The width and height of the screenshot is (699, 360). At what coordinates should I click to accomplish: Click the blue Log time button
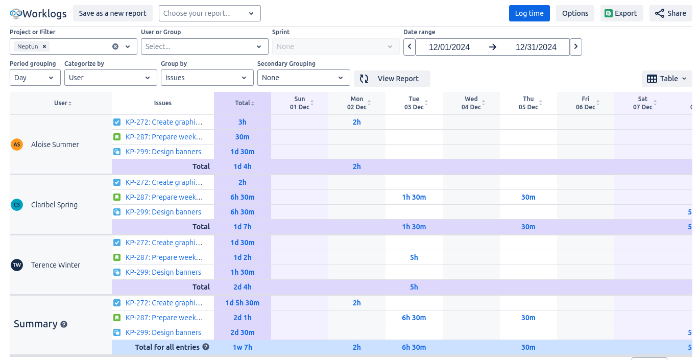point(529,13)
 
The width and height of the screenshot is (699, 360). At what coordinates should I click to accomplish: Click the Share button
point(670,13)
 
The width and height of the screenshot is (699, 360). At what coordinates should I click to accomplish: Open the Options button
point(575,13)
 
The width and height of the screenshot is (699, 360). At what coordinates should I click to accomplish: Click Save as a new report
point(112,13)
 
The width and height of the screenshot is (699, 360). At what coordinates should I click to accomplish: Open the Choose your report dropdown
point(209,13)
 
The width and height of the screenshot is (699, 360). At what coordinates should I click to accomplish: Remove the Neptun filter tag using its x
point(44,46)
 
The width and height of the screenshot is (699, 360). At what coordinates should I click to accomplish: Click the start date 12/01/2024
point(449,47)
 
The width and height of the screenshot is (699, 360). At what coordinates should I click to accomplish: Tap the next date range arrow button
point(575,47)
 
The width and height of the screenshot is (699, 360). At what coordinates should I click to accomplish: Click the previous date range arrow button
point(409,47)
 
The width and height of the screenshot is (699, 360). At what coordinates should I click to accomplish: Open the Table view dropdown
point(667,79)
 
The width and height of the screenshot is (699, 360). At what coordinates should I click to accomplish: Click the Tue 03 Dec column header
point(414,103)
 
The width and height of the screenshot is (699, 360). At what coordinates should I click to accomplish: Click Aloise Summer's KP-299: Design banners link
point(163,152)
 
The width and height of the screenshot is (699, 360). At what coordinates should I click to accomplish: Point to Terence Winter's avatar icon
point(17,265)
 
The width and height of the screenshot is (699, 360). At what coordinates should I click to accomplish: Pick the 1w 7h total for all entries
point(242,347)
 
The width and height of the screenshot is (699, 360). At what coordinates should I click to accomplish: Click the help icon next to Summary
point(64,324)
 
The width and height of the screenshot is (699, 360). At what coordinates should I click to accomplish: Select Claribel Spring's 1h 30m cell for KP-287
point(414,197)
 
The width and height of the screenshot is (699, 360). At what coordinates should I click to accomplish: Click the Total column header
point(243,103)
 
